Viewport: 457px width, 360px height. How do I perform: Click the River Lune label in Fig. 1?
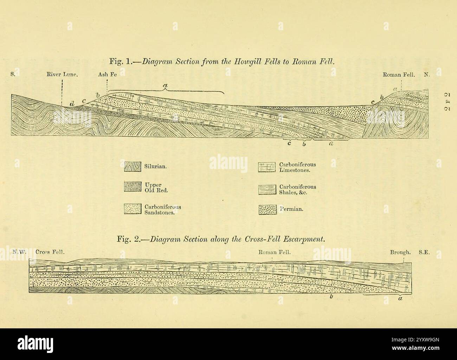pyautogui.click(x=62, y=75)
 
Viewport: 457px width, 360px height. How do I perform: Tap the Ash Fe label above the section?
pyautogui.click(x=108, y=75)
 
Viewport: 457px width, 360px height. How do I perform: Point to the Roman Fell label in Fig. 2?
pyautogui.click(x=275, y=252)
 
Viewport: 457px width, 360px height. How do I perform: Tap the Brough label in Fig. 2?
pyautogui.click(x=400, y=252)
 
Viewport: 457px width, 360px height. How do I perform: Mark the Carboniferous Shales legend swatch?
pyautogui.click(x=266, y=190)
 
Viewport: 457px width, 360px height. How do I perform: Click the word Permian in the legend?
pyautogui.click(x=291, y=209)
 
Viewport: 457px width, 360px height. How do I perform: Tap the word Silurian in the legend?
pyautogui.click(x=155, y=167)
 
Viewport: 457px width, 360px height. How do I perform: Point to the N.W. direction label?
pyautogui.click(x=20, y=252)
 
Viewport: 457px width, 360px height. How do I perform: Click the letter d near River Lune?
pyautogui.click(x=72, y=104)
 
